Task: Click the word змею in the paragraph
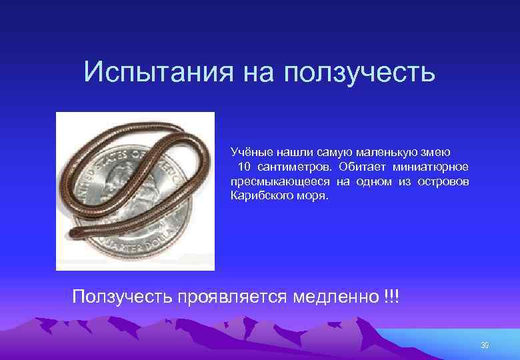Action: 437,152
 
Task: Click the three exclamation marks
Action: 391,295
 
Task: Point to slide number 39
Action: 485,345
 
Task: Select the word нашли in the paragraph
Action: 293,152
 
